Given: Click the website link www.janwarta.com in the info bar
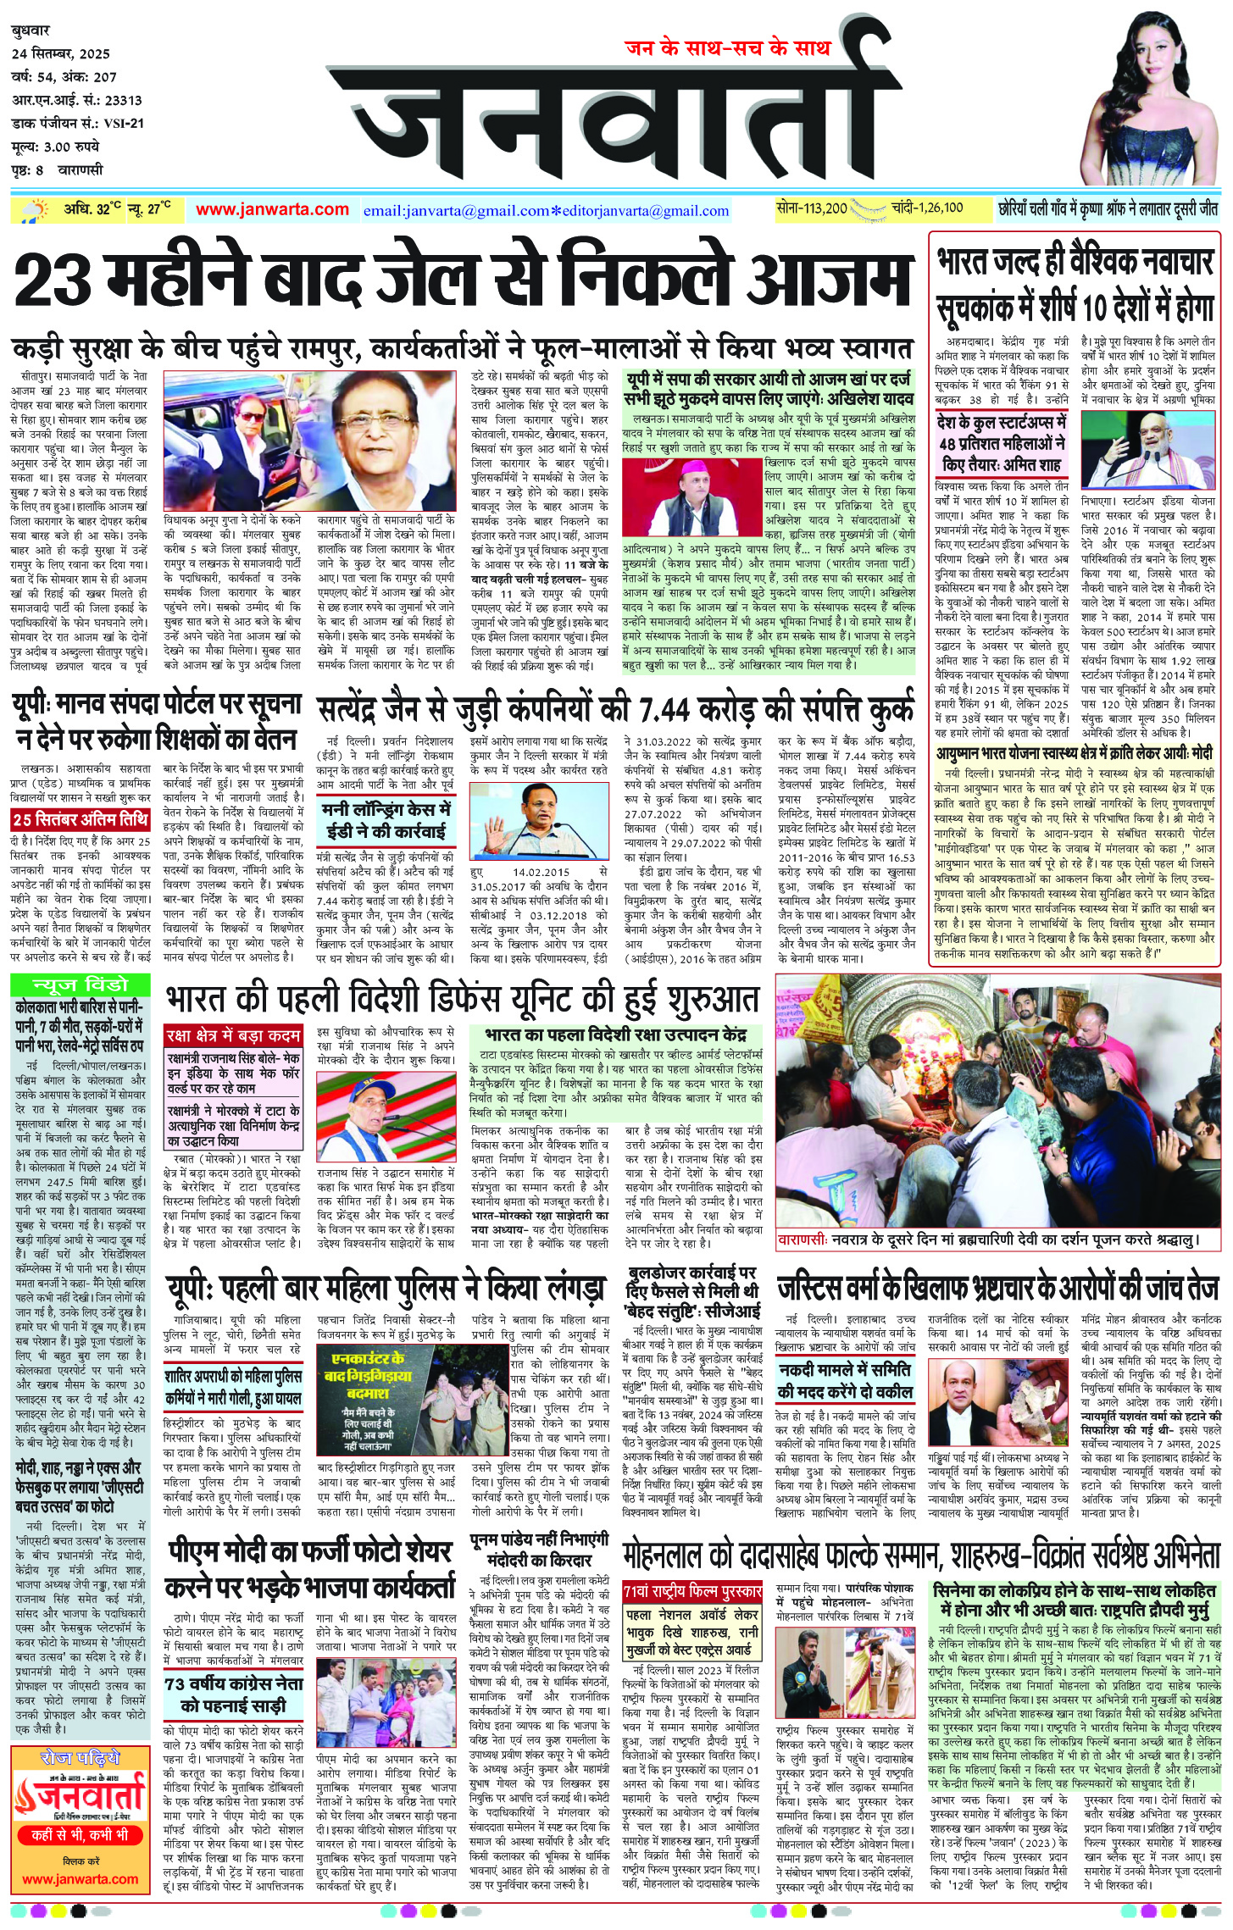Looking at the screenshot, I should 272,210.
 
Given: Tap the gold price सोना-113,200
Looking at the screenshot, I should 812,208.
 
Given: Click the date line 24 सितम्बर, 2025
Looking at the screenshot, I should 61,54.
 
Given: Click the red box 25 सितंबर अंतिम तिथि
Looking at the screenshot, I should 81,819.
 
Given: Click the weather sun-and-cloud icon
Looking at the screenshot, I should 36,209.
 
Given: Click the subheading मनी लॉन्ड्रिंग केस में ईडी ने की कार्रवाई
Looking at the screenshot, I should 386,819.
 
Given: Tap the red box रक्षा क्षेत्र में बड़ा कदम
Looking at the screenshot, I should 234,1035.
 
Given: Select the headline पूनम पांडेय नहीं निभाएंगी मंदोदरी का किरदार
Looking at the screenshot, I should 539,1550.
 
